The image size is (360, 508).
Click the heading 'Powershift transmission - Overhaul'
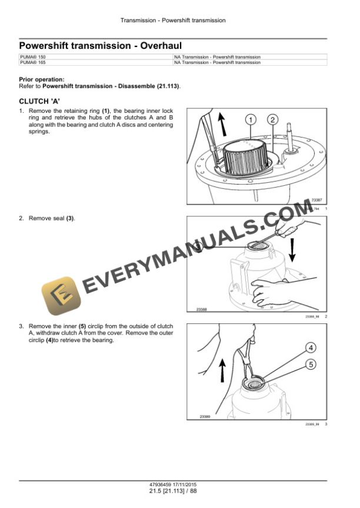click(100, 45)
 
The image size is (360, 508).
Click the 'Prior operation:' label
click(42, 79)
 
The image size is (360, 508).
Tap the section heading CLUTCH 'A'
click(40, 101)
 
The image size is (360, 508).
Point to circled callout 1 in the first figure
click(251, 120)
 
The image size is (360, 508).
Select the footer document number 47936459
click(162, 484)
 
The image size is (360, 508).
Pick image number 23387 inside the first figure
click(316, 200)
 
